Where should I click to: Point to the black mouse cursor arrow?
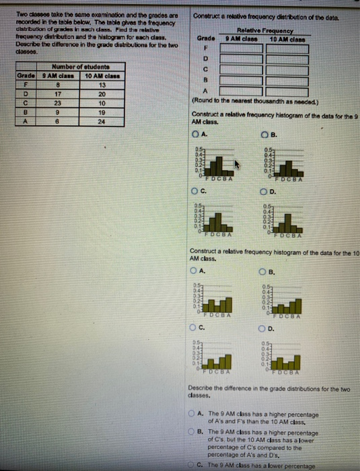236,164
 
